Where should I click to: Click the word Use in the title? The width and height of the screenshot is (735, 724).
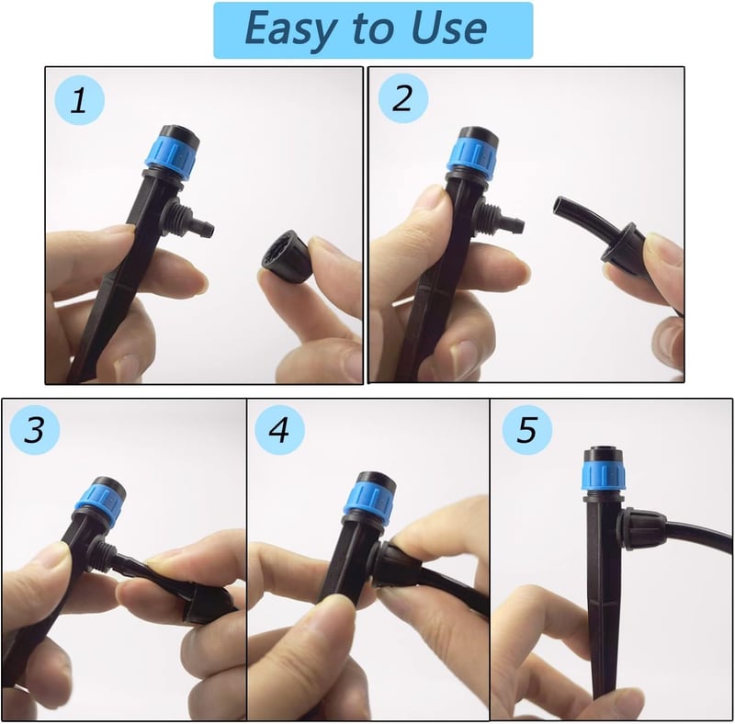[x=449, y=28]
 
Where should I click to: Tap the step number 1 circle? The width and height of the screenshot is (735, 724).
[x=79, y=100]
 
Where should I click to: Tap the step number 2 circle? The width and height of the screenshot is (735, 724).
[x=403, y=98]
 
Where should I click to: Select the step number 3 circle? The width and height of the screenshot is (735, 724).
[x=35, y=430]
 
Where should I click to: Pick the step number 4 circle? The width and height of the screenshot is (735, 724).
[x=279, y=430]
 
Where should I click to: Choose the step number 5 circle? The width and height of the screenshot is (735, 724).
[x=526, y=430]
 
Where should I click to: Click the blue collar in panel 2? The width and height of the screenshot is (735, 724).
[x=470, y=153]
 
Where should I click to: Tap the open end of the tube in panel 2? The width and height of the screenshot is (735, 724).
[x=559, y=205]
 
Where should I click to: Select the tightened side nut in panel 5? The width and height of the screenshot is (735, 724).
[x=642, y=529]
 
